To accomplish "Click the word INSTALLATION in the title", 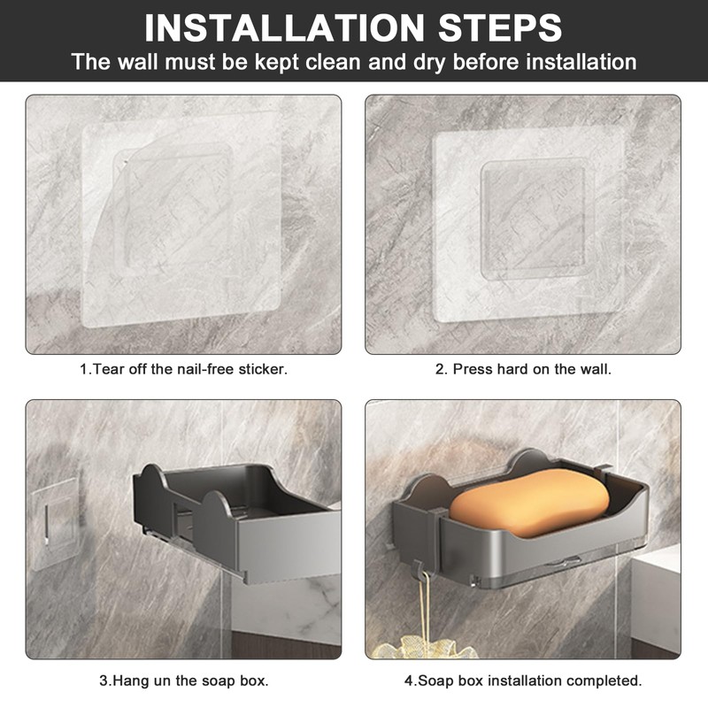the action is [x=284, y=28].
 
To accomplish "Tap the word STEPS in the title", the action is [x=500, y=28].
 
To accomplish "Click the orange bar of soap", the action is [x=529, y=503].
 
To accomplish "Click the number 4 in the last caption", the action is [x=409, y=681].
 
